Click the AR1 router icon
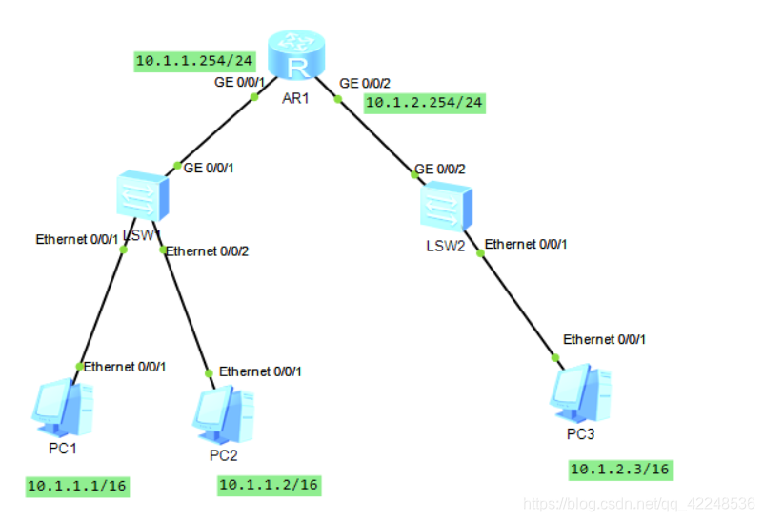[x=296, y=54]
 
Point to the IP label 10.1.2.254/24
[x=424, y=102]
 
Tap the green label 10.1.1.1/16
[x=77, y=486]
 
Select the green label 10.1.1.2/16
[x=269, y=485]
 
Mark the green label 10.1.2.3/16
[x=620, y=469]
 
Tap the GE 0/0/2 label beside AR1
[x=364, y=82]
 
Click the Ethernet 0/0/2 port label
[x=207, y=251]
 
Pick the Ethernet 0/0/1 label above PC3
[x=605, y=339]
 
